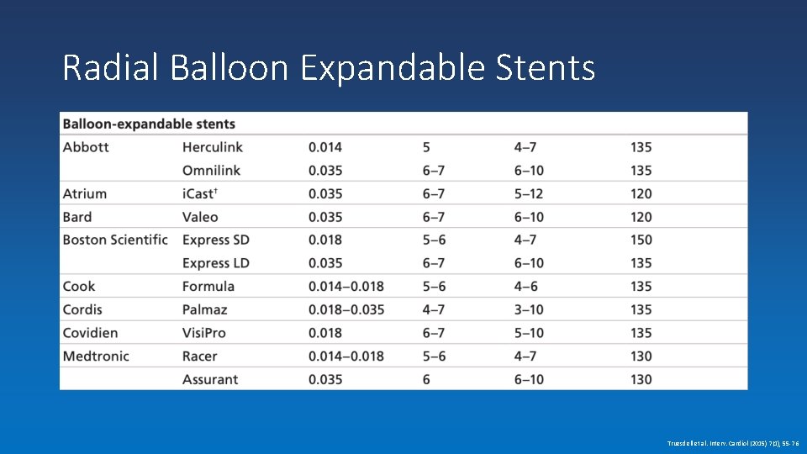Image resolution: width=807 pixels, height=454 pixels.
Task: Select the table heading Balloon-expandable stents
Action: [149, 124]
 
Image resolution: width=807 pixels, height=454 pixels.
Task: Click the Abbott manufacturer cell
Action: [86, 147]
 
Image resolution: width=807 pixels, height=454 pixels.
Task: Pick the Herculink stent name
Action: [212, 147]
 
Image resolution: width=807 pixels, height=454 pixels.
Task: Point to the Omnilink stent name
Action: [211, 170]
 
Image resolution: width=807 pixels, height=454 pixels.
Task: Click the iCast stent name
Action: [200, 193]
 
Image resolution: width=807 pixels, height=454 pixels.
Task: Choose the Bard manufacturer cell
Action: [77, 217]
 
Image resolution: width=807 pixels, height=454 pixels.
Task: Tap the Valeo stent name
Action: [200, 217]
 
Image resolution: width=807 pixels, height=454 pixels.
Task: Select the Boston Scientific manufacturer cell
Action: [115, 240]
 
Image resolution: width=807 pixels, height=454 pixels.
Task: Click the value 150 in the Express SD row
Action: [641, 240]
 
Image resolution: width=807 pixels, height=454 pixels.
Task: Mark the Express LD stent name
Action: [216, 263]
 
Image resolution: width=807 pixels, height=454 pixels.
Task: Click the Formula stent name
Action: [208, 286]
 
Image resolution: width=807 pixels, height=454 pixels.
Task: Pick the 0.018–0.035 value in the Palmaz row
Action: [346, 309]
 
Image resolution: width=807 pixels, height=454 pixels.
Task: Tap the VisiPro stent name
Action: [203, 333]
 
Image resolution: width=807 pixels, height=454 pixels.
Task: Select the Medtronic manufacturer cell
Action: [96, 356]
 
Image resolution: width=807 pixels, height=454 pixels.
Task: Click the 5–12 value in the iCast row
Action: [529, 193]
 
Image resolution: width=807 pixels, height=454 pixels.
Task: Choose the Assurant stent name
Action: [210, 379]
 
